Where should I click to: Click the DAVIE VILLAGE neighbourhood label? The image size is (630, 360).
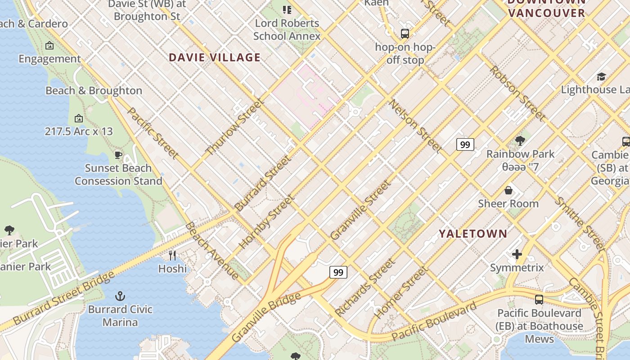pos(215,58)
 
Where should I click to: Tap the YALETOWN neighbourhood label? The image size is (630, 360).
pos(473,234)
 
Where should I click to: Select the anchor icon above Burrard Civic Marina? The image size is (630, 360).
pos(120,296)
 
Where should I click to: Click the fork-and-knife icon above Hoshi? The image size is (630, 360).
pos(172,256)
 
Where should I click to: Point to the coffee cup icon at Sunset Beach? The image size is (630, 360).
pos(118,155)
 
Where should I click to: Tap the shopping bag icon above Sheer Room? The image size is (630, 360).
pos(508,190)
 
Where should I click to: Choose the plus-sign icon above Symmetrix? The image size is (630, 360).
pos(517,255)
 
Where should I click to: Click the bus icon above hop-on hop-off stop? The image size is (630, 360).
pos(405,34)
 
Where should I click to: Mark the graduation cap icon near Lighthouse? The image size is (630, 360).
pos(601,76)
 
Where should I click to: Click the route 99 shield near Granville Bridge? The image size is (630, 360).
pos(338,272)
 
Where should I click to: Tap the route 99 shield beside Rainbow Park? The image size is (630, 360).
pos(465,144)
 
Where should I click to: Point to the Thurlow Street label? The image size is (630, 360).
pos(234,126)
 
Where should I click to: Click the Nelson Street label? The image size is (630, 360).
pos(415,126)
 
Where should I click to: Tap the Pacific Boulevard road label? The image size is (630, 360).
pos(433,322)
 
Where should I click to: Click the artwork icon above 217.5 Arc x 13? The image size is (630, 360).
pos(79,119)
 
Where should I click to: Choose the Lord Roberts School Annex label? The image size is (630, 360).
pos(287,30)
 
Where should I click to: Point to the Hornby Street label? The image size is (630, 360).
pos(267,221)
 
